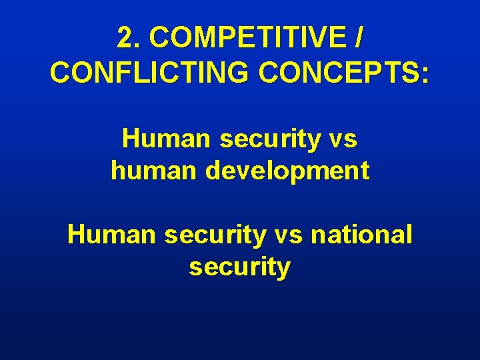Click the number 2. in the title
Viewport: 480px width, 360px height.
pos(130,39)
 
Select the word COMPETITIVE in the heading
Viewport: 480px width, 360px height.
pos(247,39)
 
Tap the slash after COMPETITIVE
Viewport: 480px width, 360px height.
pos(359,39)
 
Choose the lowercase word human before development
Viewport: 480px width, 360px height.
pos(155,171)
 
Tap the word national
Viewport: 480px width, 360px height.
pos(367,235)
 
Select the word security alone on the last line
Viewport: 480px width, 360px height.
pos(240,267)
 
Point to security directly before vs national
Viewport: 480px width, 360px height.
pos(219,235)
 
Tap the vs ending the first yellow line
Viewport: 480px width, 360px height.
pos(342,139)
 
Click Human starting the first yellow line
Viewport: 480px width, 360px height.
pos(166,139)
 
